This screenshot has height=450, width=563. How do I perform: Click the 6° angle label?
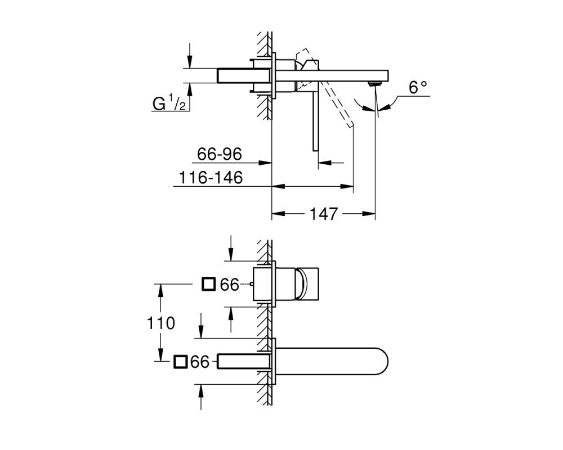418,87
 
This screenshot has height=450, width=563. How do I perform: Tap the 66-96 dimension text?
220,154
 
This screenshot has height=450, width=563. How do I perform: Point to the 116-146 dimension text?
211,178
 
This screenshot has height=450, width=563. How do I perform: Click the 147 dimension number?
324,214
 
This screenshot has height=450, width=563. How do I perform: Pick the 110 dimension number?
161,323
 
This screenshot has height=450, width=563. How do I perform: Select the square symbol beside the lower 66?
180,362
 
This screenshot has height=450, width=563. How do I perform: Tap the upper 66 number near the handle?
230,285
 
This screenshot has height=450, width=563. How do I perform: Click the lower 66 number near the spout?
200,362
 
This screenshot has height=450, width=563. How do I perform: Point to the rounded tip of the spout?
388,361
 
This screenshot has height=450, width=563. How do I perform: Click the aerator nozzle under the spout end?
374,84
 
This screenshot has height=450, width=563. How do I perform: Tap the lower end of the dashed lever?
351,125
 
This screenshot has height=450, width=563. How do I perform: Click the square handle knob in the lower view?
308,284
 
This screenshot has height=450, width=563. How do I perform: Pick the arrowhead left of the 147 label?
278,214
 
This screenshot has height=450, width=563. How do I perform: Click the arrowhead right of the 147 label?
369,214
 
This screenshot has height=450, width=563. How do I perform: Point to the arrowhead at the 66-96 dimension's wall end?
265,163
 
